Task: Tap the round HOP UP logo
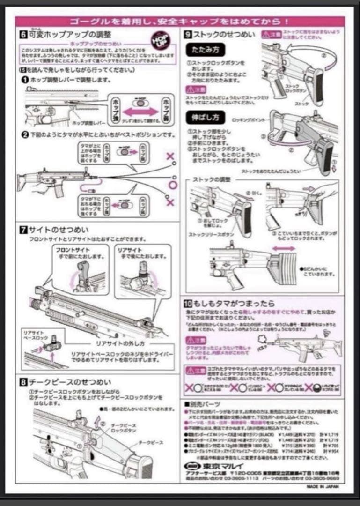pos(163,40)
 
